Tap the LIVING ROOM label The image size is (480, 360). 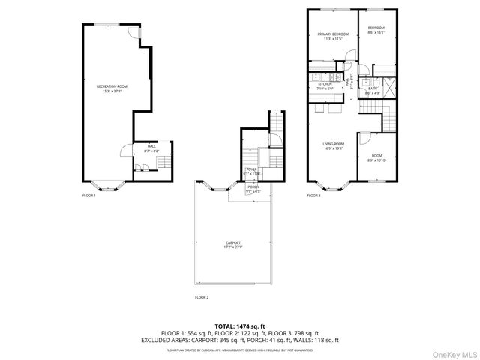[x=333, y=145]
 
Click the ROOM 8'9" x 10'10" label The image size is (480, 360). [x=375, y=137]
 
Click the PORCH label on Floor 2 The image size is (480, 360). [x=253, y=188]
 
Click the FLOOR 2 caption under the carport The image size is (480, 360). [x=201, y=297]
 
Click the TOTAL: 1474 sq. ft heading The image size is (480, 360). [x=240, y=325]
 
